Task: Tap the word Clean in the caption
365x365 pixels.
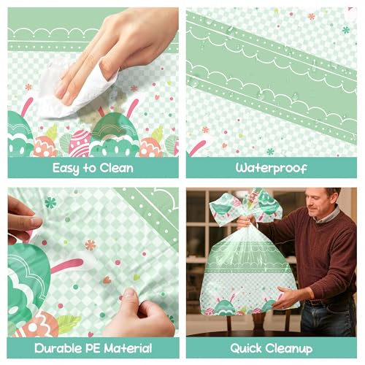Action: tap(115, 168)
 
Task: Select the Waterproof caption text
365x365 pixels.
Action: tap(271, 168)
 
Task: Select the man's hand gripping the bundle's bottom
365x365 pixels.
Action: tap(286, 297)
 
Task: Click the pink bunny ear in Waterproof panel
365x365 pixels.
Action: tap(196, 147)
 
